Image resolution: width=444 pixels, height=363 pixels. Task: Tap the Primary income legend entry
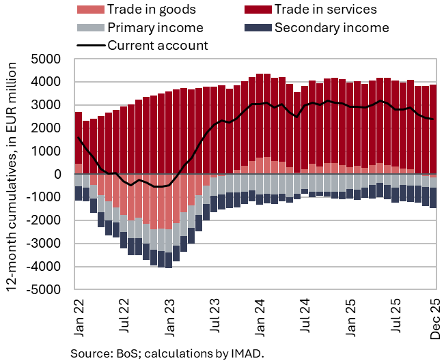pos(154,28)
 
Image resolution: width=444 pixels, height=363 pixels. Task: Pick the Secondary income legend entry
pos(331,28)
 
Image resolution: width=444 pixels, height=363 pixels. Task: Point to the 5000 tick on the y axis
pos(48,59)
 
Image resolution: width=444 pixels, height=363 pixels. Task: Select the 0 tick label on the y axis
pos(59,174)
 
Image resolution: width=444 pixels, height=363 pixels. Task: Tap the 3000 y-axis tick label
pos(48,105)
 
